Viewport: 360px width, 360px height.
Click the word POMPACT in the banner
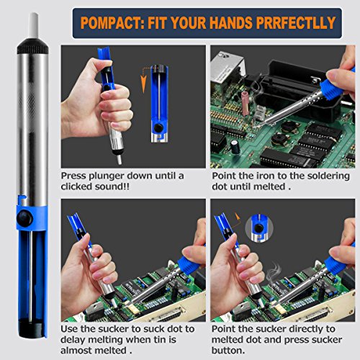tap(112, 23)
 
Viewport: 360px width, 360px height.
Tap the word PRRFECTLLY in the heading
tap(296, 23)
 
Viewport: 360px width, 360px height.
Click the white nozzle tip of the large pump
tap(33, 25)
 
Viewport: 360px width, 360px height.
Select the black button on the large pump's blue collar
tap(24, 218)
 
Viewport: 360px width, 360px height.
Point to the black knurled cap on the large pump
tap(32, 46)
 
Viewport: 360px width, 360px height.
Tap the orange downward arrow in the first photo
tap(143, 80)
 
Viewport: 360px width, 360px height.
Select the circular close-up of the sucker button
tap(259, 228)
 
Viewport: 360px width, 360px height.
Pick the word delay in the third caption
tap(73, 340)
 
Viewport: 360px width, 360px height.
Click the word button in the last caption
tap(228, 351)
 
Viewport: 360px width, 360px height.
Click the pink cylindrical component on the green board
tap(246, 104)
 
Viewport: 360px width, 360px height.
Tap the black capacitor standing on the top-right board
tap(235, 147)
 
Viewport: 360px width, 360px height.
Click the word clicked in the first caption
tap(76, 186)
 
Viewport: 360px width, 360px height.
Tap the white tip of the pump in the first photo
tap(119, 160)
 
